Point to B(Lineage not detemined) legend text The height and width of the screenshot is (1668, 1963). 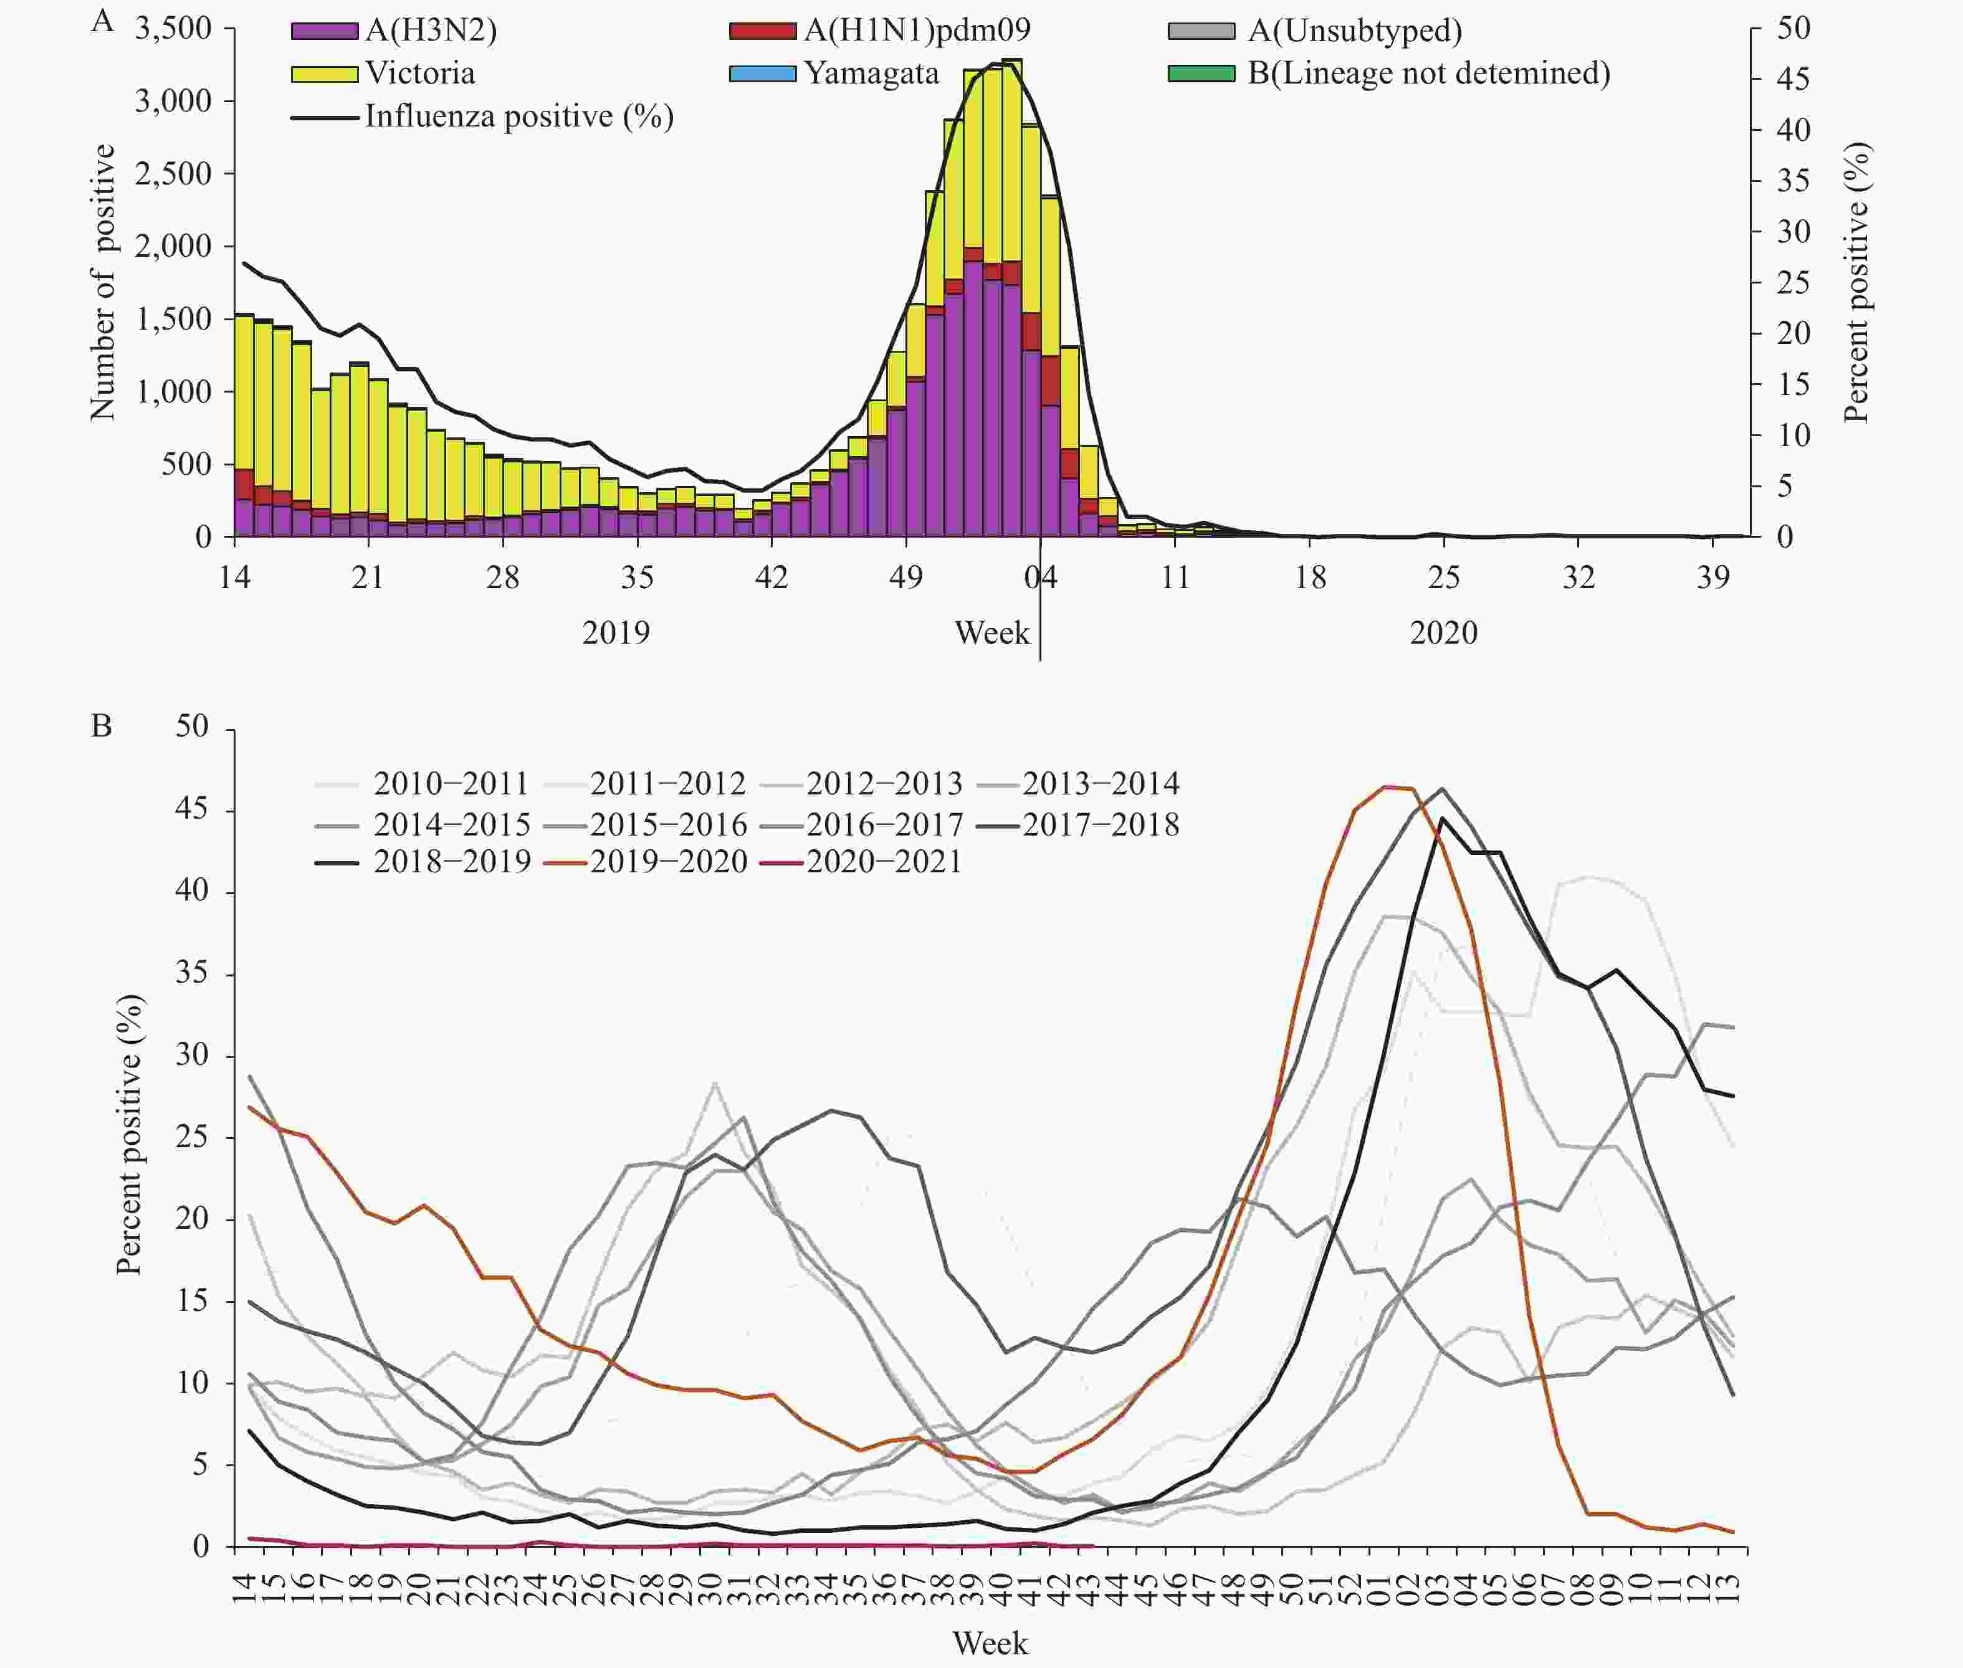(1428, 74)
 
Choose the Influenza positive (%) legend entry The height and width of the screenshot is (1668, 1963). (518, 117)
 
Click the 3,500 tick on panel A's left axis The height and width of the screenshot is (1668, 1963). (173, 29)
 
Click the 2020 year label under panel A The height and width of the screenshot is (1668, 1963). (1443, 632)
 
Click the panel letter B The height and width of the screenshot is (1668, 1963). (101, 726)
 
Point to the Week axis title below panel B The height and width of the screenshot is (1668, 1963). (989, 1642)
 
